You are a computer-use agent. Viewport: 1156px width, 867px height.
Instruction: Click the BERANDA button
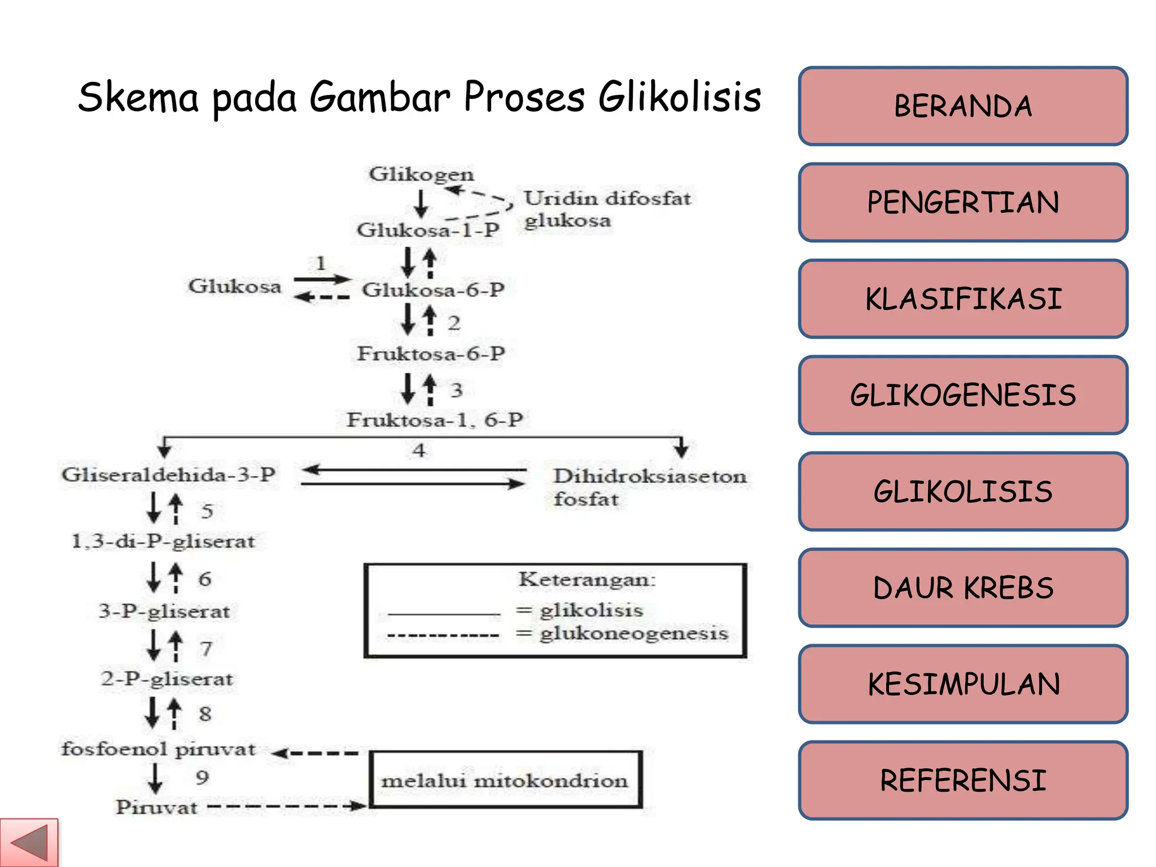pos(962,106)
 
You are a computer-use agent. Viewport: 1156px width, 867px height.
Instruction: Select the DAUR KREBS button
pos(962,588)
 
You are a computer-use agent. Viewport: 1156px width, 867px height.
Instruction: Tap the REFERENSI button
pos(962,781)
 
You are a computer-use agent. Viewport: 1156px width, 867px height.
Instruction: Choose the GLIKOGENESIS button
pos(962,395)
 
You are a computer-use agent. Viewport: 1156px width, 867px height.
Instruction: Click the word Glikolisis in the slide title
pos(680,97)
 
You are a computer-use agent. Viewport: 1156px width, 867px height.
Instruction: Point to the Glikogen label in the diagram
pos(421,174)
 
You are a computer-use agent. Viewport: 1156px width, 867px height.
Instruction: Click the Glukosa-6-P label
pos(433,290)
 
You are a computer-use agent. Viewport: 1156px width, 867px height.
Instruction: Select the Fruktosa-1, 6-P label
pos(435,420)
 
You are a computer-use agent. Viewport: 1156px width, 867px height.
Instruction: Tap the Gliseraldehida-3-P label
pos(168,474)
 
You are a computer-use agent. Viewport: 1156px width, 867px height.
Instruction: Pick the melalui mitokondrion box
pos(505,780)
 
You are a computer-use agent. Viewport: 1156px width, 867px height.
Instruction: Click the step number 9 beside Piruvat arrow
pos(202,777)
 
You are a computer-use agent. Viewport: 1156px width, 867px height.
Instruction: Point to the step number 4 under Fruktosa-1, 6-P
pos(418,450)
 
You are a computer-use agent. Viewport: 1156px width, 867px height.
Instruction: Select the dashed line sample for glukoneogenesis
pos(443,636)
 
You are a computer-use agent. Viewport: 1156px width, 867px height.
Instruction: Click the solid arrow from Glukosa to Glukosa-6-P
pos(322,279)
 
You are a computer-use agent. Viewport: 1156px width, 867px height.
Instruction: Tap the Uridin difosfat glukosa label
pos(606,209)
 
